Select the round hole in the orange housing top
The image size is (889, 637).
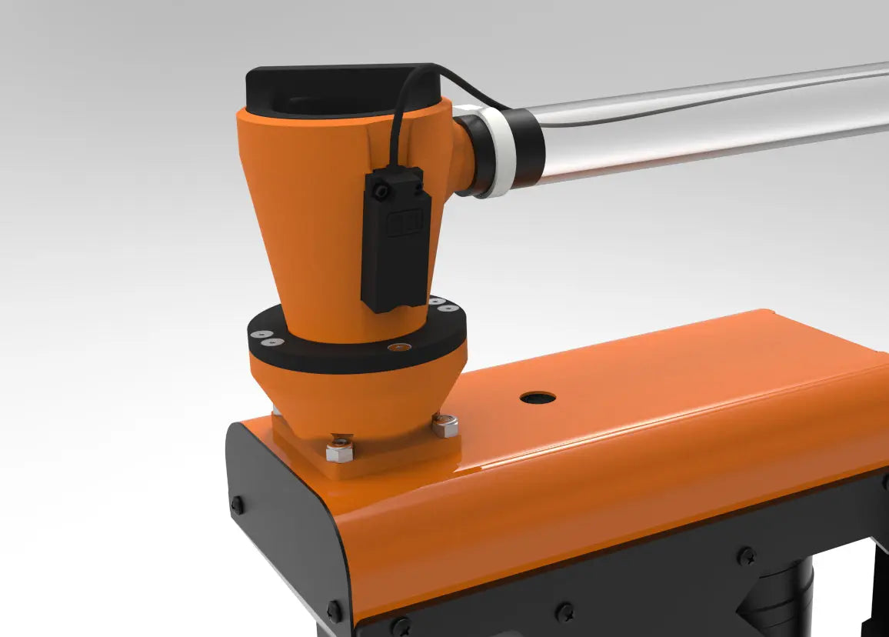coord(538,398)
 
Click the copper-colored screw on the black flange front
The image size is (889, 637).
coord(396,348)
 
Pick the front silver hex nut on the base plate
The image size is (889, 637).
coord(338,449)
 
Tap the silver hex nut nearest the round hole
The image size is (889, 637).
coord(444,425)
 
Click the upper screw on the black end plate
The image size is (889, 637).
coord(238,505)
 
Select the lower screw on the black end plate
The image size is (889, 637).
coord(334,612)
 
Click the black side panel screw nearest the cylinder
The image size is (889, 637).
coord(745,555)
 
